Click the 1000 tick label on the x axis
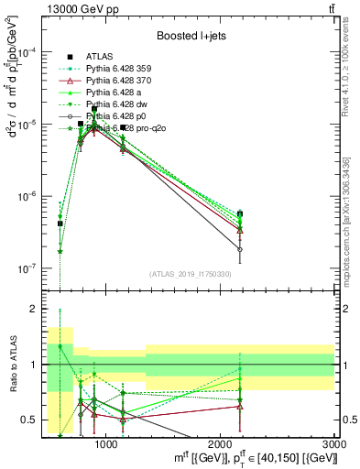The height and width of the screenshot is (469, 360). pyautogui.click(x=105, y=443)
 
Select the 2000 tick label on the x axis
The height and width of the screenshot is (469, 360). pyautogui.click(x=221, y=443)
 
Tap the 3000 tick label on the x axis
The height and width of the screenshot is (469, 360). pyautogui.click(x=335, y=443)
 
